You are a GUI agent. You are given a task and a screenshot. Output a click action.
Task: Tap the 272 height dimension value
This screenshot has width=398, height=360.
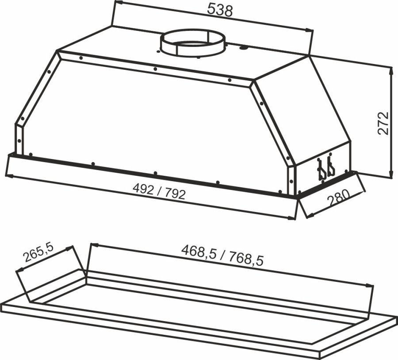(383, 123)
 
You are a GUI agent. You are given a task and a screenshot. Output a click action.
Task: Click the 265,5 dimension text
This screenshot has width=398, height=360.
(39, 253)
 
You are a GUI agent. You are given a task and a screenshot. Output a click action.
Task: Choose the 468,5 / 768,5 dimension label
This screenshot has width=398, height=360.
(222, 255)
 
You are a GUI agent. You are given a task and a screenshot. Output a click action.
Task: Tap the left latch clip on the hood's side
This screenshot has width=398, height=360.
(321, 169)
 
